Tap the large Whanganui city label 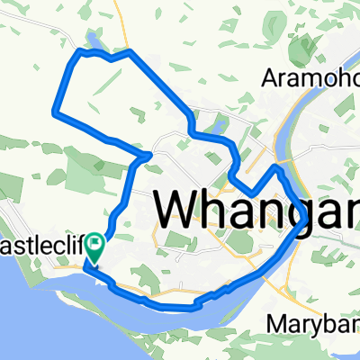pyautogui.click(x=257, y=211)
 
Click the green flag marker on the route pyautogui.click(x=94, y=245)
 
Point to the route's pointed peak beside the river pyautogui.click(x=278, y=167)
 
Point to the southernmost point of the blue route pyautogui.click(x=180, y=306)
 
